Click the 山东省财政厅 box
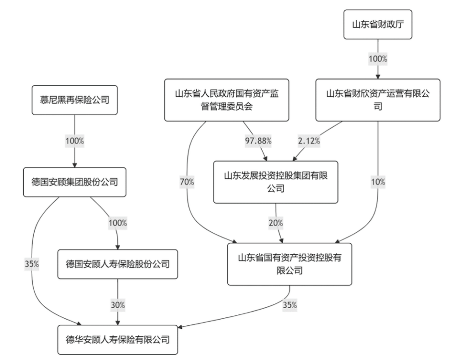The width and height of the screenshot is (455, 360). [378, 24]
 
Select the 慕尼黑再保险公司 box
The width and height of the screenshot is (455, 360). [75, 100]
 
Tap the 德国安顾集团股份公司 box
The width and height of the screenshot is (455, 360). [75, 182]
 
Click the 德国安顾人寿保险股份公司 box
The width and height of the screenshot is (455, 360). [117, 264]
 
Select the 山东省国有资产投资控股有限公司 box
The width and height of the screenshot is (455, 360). [289, 264]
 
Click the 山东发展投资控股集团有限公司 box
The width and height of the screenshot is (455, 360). [276, 182]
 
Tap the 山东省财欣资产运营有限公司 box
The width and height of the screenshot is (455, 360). [378, 100]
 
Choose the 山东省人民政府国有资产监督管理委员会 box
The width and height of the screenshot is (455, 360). [227, 100]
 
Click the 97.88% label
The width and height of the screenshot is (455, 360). [258, 141]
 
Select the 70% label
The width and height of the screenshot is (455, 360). [187, 182]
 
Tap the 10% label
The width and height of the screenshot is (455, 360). [378, 182]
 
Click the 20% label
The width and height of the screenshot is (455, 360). [275, 223]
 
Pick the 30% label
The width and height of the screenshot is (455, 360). [117, 304]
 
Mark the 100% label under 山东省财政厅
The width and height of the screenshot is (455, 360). [378, 59]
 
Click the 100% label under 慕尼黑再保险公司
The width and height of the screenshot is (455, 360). [75, 141]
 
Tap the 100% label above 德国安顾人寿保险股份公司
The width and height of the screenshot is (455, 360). [118, 223]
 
